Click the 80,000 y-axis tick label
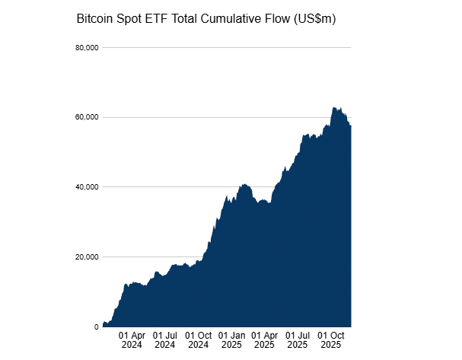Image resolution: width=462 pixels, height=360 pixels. [86, 48]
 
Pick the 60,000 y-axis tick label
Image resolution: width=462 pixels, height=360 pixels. [86, 117]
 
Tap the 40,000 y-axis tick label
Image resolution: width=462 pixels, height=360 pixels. [86, 187]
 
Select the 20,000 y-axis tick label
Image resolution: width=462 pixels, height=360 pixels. [86, 257]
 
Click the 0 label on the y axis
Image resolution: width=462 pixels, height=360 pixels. [96, 327]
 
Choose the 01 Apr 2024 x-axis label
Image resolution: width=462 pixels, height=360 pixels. [132, 339]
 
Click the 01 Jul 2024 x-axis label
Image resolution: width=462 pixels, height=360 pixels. [165, 339]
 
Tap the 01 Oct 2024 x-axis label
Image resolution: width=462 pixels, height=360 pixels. [199, 339]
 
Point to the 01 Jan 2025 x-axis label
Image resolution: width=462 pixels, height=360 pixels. [232, 339]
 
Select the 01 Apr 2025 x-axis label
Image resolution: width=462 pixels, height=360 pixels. [265, 339]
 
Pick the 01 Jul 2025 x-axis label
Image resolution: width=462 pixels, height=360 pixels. [298, 339]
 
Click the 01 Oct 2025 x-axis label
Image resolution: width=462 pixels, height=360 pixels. [331, 339]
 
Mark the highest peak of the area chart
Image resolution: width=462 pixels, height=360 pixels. [334, 108]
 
